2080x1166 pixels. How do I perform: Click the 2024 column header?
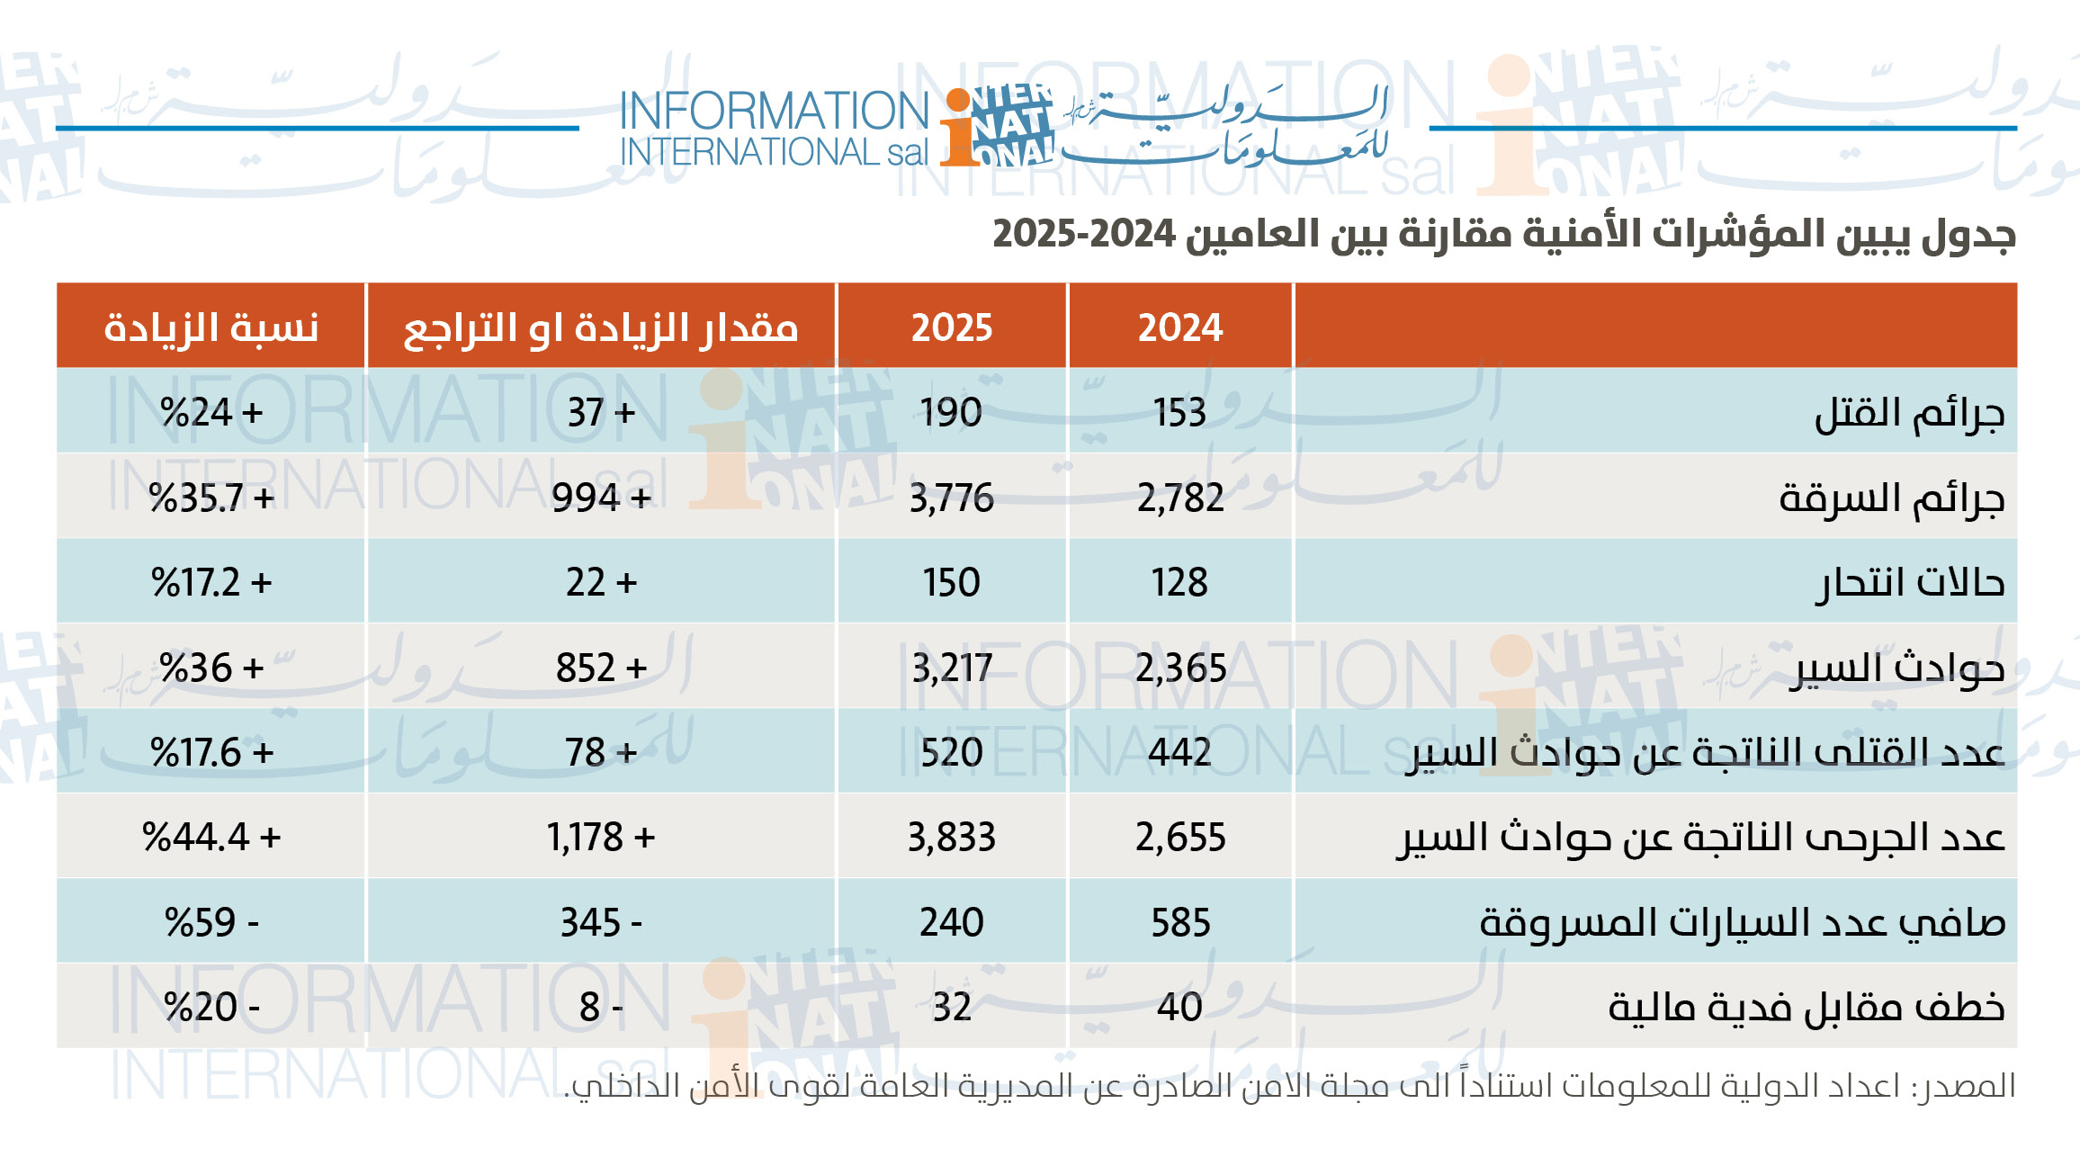[1180, 327]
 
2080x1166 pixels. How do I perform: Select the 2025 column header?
[952, 327]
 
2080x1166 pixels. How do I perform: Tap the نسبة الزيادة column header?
[211, 327]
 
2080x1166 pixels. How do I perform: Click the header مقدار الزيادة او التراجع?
[601, 327]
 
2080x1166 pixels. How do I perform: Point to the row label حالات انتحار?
[1909, 583]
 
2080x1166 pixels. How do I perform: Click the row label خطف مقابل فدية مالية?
[1807, 1007]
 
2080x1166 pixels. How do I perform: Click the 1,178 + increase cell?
[601, 838]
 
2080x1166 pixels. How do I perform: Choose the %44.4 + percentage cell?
[211, 838]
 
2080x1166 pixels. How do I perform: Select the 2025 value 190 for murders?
[952, 413]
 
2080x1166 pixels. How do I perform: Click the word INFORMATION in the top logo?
[775, 111]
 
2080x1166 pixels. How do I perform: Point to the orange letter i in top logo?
[959, 130]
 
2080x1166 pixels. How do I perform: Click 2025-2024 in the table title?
[1084, 234]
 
